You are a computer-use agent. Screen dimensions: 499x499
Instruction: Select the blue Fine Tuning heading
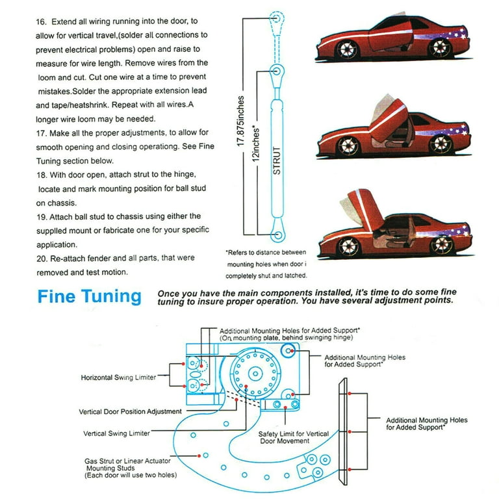coord(90,297)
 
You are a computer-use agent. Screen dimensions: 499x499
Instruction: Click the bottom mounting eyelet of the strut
coord(277,235)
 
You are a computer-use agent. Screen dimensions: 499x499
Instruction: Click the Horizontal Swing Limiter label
coord(118,377)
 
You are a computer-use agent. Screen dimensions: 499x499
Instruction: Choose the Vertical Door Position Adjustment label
coord(130,411)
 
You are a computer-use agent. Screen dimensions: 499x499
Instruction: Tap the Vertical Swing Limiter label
coord(116,433)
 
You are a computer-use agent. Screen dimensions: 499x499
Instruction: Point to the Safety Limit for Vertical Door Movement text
coord(294,437)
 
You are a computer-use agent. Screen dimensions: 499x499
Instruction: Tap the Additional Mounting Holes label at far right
coord(426,424)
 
